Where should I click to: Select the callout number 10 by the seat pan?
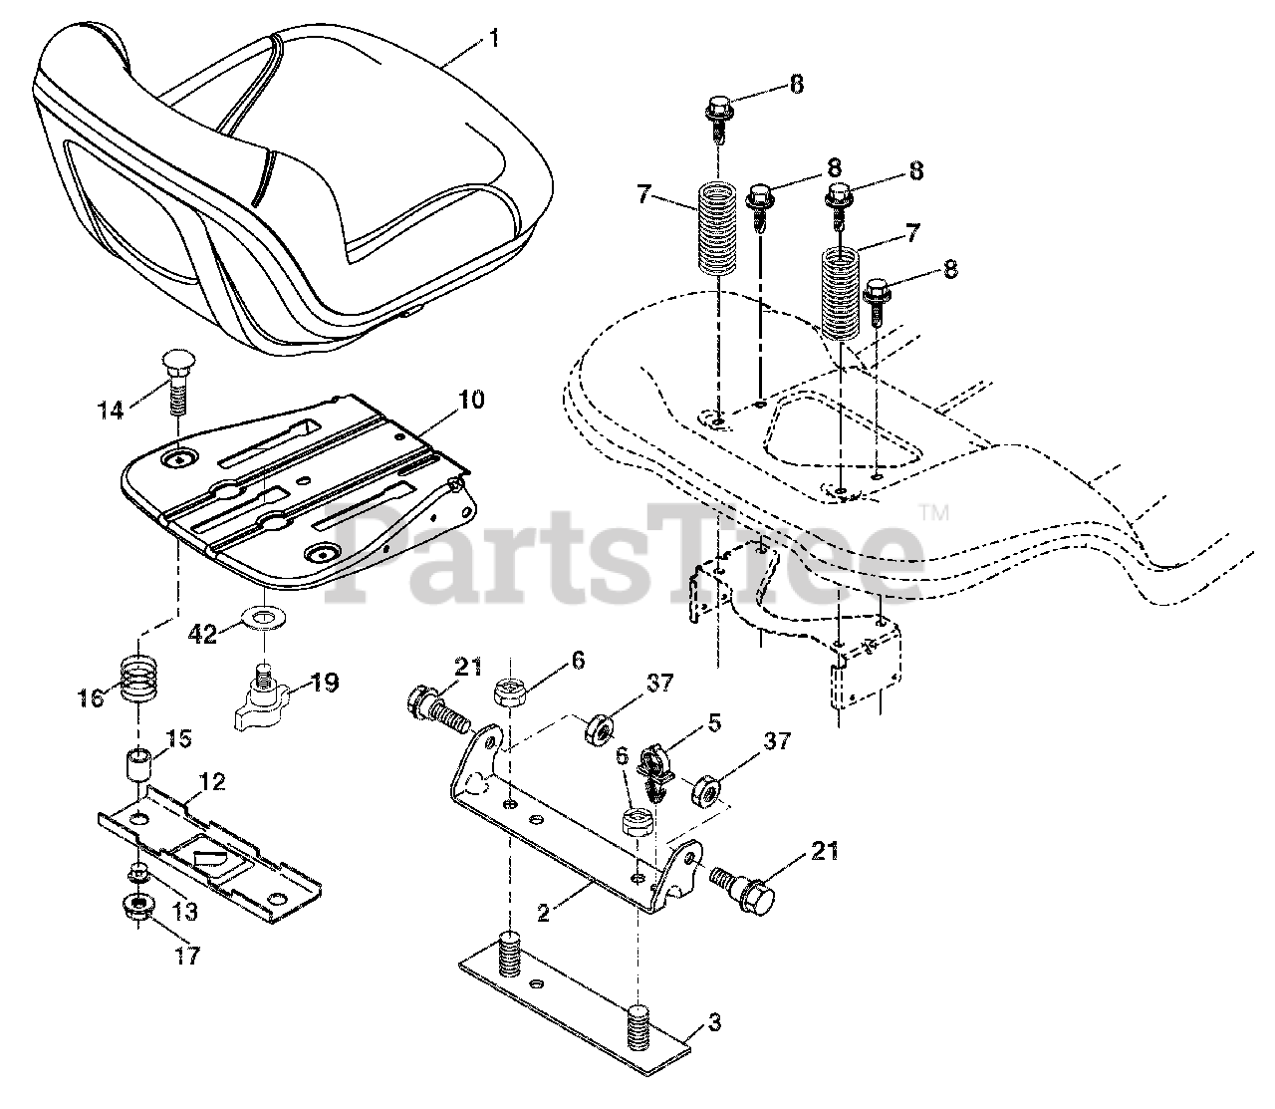pos(470,401)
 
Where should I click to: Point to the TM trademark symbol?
pos(933,514)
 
